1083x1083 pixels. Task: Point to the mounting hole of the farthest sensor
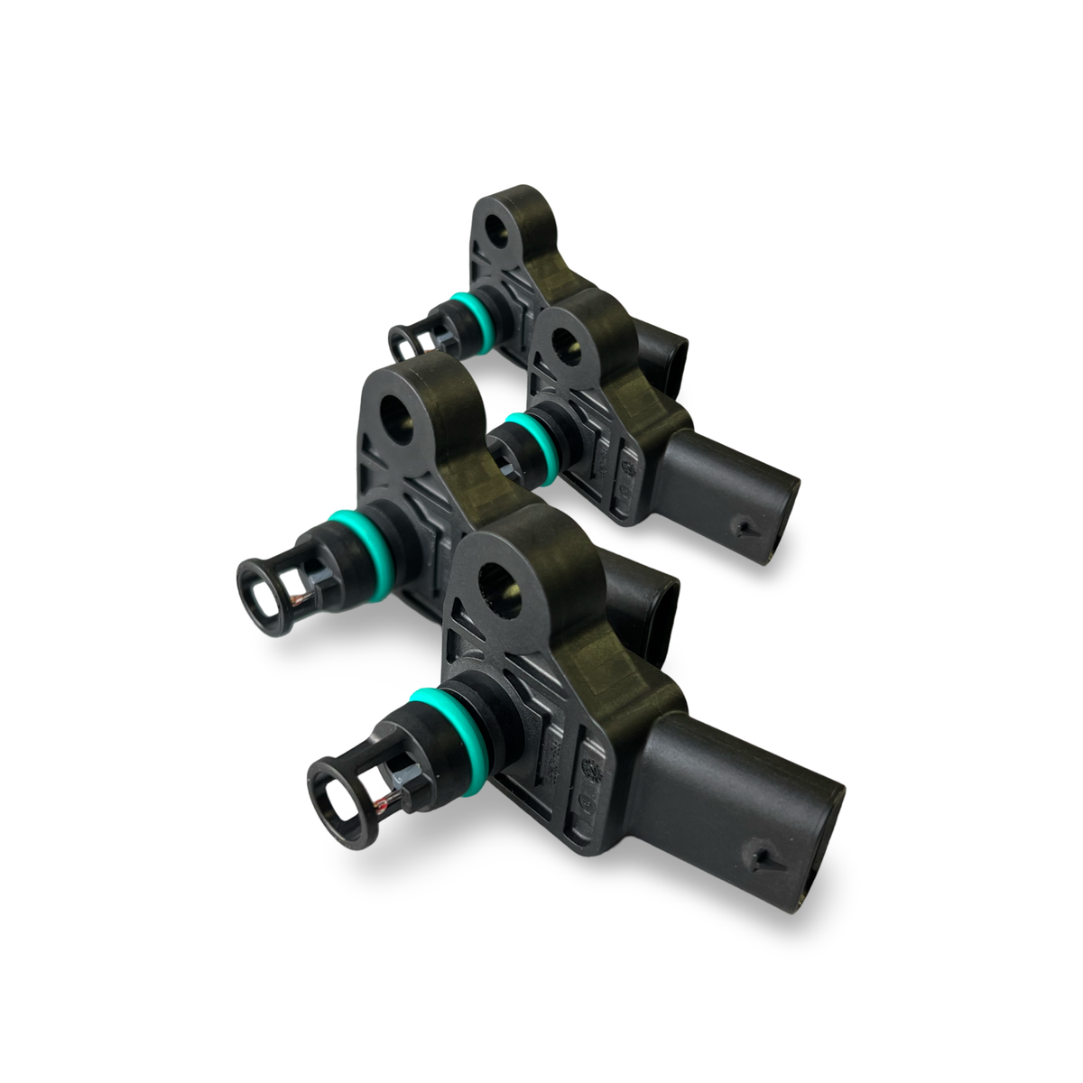coord(495,229)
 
